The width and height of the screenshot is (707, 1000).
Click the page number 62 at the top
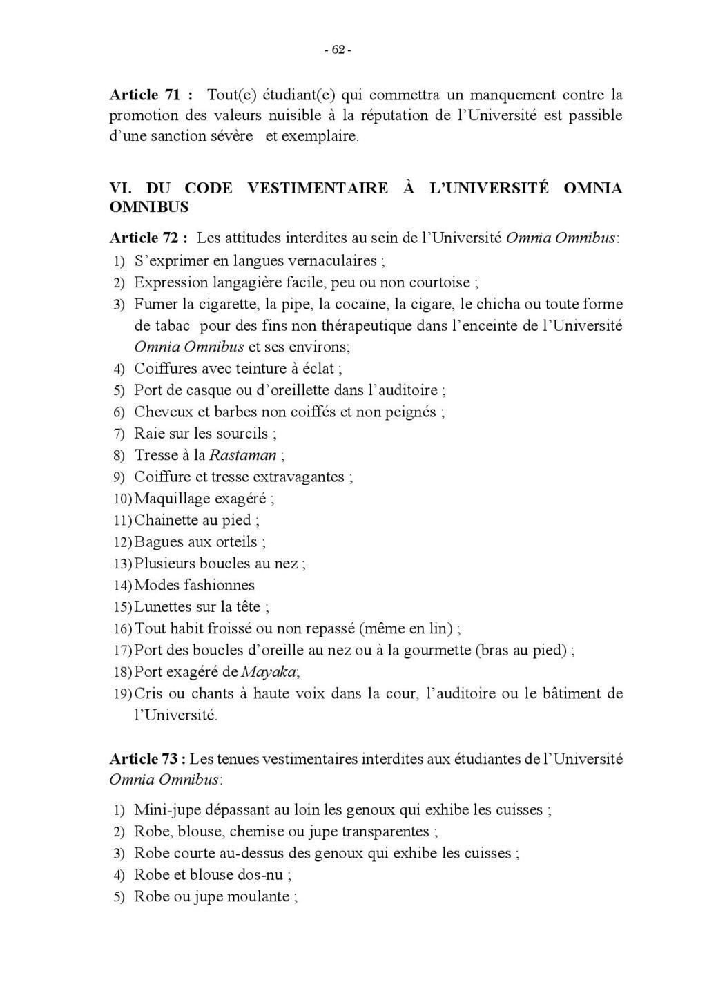click(338, 50)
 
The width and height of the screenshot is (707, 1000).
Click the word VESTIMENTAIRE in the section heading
click(317, 189)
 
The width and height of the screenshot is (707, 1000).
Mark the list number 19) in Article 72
click(122, 694)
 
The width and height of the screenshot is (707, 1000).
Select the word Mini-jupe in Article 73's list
click(168, 810)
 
